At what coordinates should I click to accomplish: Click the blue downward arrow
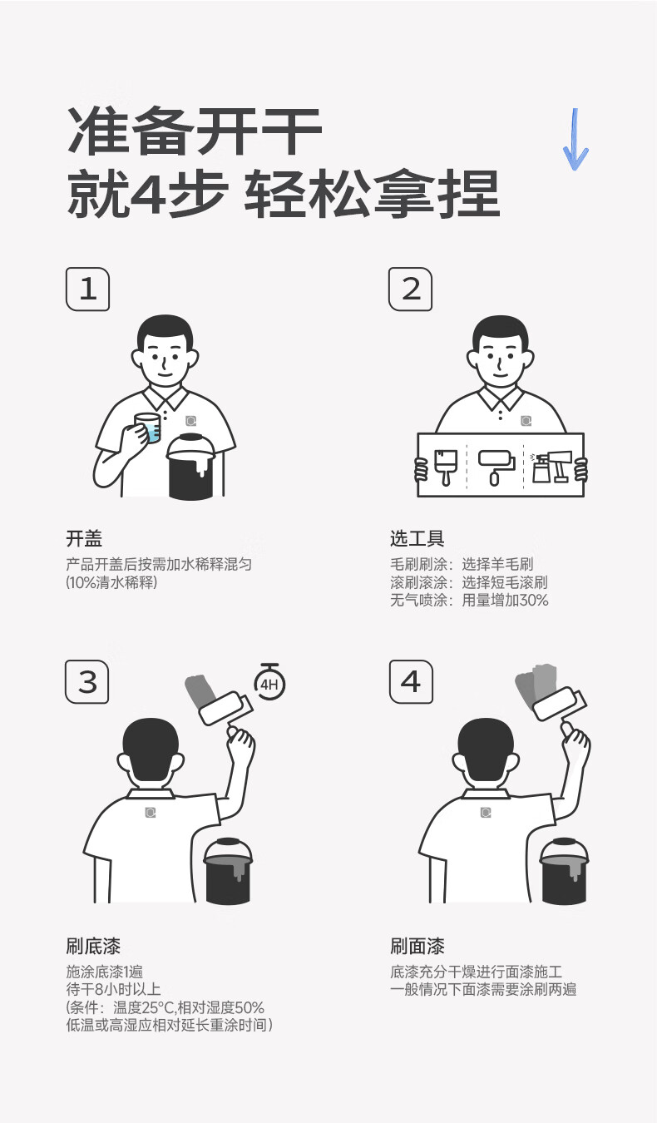[x=575, y=139]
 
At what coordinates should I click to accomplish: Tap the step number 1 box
[x=87, y=289]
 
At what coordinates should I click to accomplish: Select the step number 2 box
[x=411, y=289]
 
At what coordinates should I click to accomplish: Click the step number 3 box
[x=87, y=682]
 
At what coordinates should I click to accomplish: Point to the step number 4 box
[x=411, y=682]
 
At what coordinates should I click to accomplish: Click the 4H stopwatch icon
[x=269, y=682]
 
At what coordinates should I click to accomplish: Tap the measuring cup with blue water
[x=148, y=428]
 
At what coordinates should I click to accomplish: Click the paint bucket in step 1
[x=192, y=466]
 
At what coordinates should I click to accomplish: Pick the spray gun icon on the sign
[x=551, y=467]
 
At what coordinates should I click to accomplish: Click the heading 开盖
[x=84, y=539]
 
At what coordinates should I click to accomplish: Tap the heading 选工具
[x=417, y=538]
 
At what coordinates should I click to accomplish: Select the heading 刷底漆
[x=93, y=947]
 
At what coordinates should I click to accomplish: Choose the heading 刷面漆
[x=417, y=947]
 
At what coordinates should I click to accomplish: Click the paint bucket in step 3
[x=228, y=871]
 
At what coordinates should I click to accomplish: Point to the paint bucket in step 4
[x=564, y=871]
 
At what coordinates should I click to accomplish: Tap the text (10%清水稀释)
[x=111, y=582]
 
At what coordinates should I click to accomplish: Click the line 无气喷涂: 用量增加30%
[x=469, y=600]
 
